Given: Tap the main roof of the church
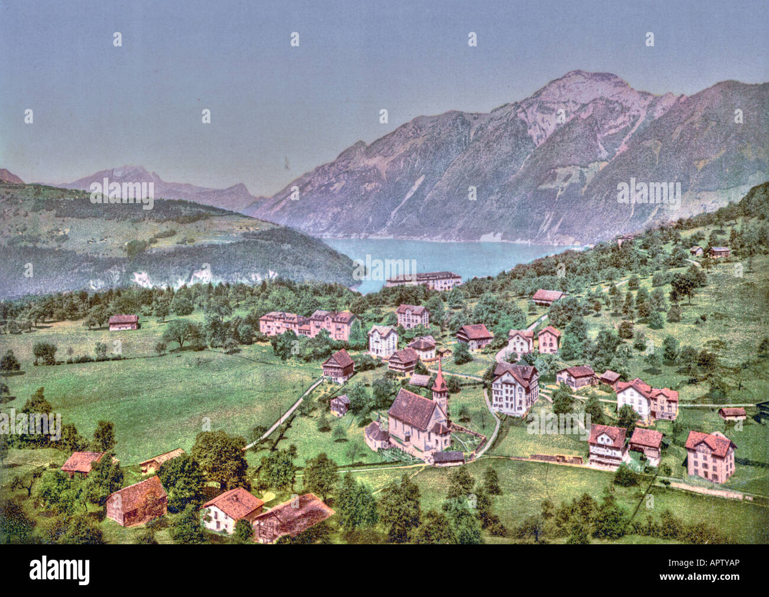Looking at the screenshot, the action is (412, 409).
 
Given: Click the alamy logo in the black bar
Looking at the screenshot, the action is (60, 570).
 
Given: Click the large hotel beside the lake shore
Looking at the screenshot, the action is (424, 280).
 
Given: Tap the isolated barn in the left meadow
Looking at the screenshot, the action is (124, 322).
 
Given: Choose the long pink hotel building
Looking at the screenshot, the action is (308, 323).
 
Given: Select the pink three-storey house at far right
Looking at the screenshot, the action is (710, 456).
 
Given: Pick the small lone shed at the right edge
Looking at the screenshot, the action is (733, 413).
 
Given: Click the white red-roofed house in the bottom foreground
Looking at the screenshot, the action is (231, 509).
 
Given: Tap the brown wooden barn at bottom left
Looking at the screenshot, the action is (137, 501).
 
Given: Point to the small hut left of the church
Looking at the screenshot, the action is (340, 405).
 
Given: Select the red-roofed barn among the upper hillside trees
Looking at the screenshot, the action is (548, 296).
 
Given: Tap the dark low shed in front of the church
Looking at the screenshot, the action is (448, 458).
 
